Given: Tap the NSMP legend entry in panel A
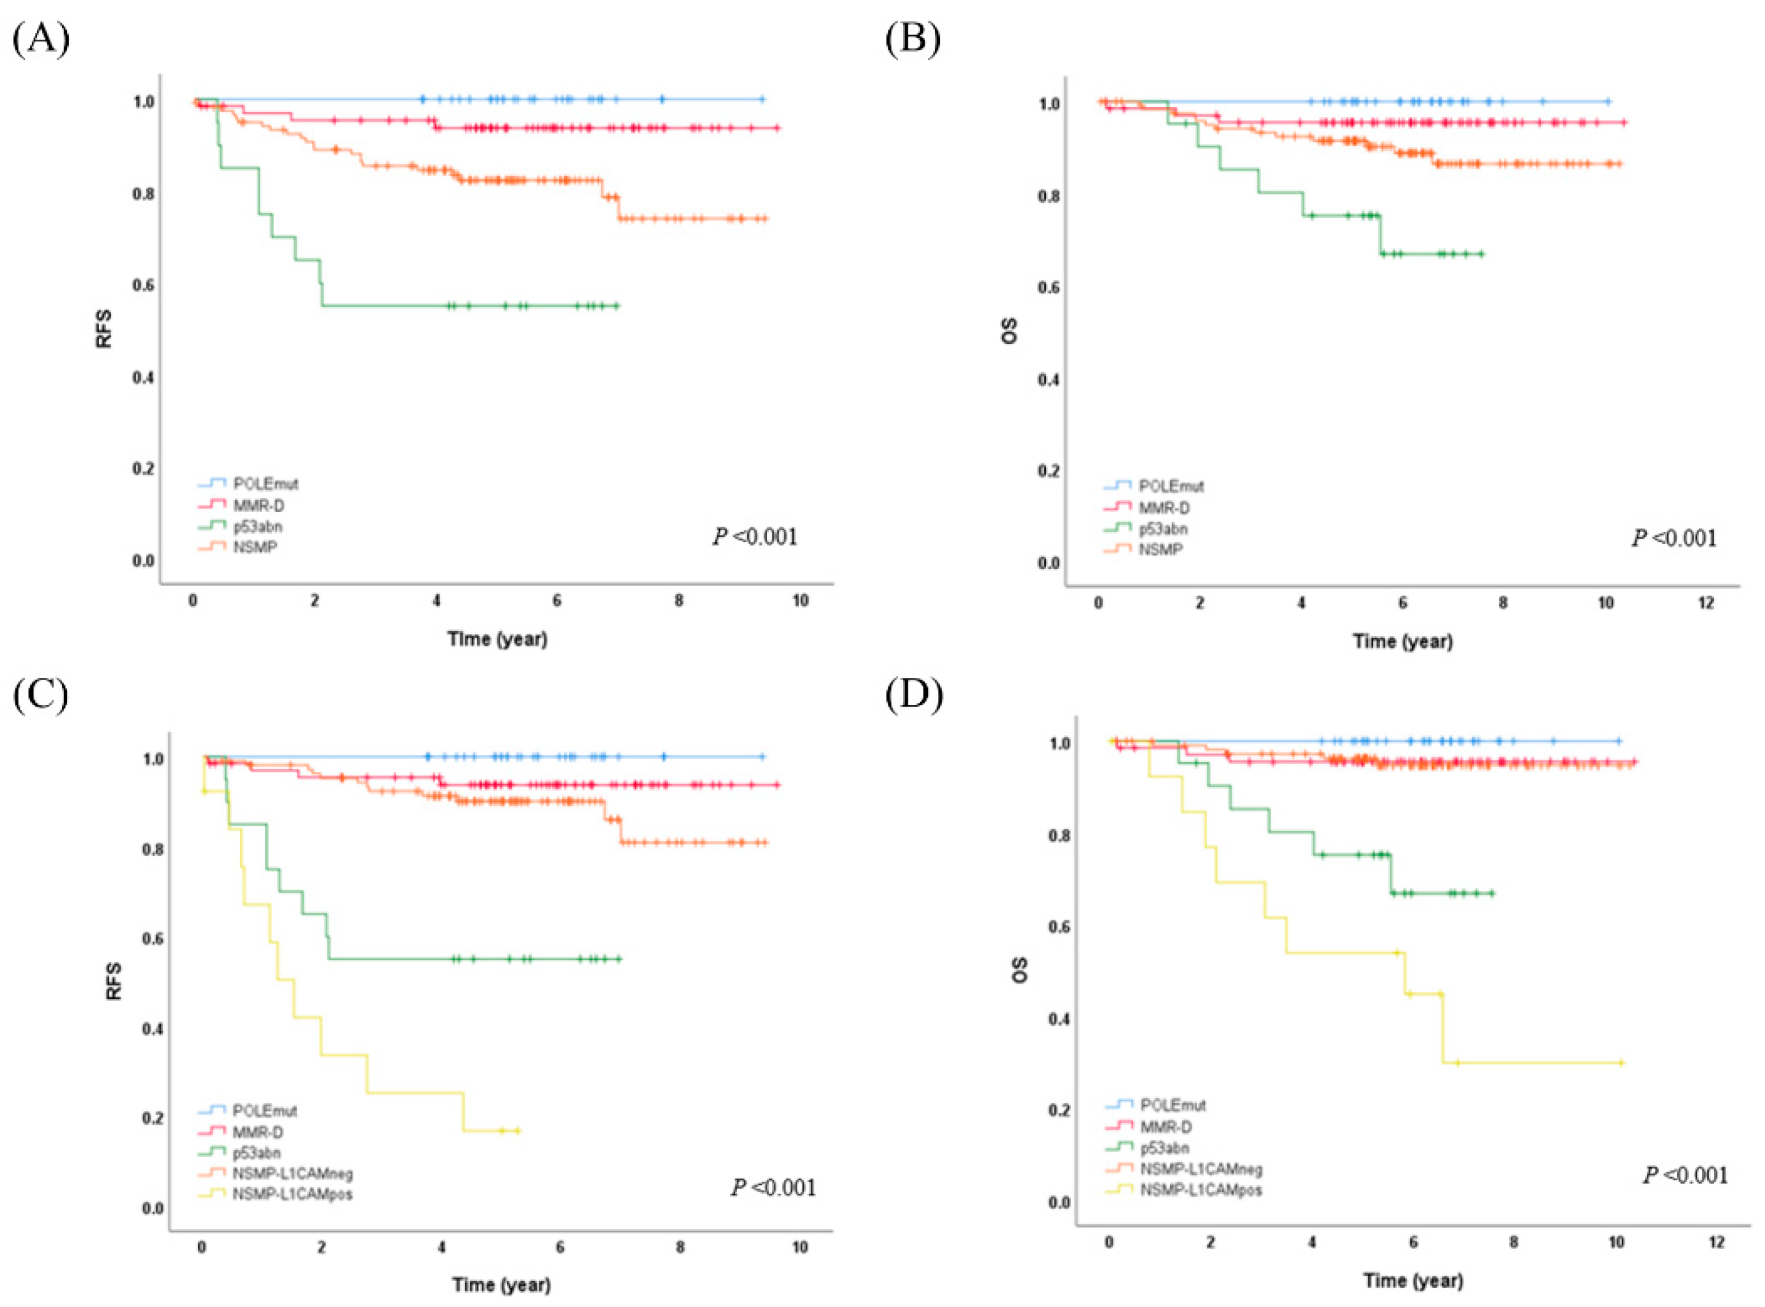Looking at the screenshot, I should click(255, 547).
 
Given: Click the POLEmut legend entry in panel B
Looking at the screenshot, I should click(1171, 486).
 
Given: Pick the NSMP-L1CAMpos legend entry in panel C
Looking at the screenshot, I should click(292, 1194).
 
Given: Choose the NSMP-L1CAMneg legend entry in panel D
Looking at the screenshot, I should click(1201, 1169).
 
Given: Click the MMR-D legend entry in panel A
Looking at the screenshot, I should click(258, 506).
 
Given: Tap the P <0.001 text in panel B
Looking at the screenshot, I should click(1674, 539).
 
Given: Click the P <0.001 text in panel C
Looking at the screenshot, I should click(773, 1188).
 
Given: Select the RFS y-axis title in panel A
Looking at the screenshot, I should click(103, 329).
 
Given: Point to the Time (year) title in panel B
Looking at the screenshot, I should click(1403, 641).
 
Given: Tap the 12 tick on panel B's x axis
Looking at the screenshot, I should click(1707, 603).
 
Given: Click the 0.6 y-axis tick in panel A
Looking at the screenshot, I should click(143, 285).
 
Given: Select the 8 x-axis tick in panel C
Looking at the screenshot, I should click(680, 1249).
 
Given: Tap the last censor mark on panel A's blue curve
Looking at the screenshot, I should click(762, 100).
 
